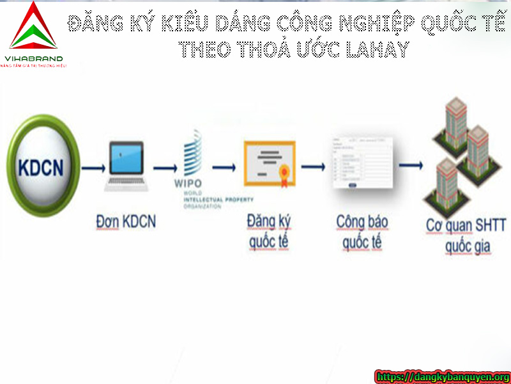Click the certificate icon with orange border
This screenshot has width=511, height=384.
coord(269,163)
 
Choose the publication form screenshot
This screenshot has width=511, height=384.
coord(361,163)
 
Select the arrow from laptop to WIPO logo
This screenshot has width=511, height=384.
coord(165,168)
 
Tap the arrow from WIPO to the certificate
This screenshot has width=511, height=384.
coord(224,167)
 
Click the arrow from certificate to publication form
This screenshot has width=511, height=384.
coord(314,166)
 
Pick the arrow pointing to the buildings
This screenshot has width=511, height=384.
coord(410,165)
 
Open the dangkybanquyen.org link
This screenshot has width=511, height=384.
coord(443,377)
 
